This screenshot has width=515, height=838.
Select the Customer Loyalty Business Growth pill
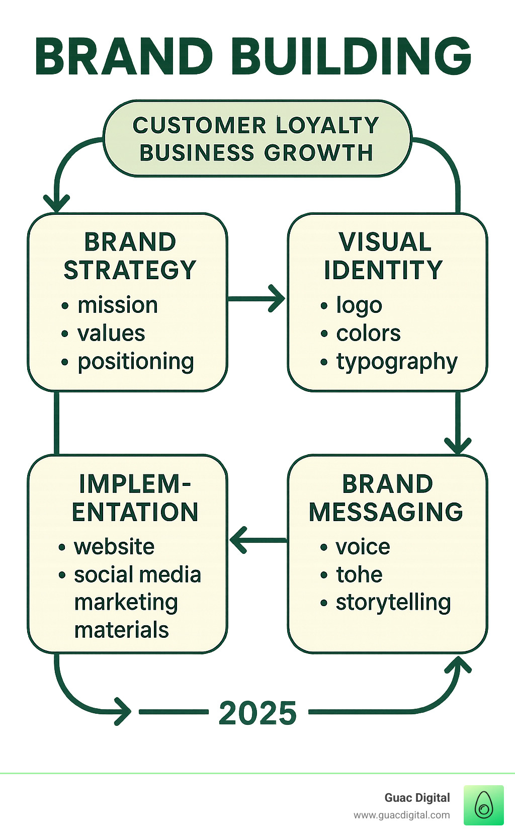click(256, 138)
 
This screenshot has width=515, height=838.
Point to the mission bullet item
click(117, 305)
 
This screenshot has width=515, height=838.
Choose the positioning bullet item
click(135, 362)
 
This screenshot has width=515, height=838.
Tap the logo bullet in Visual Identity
click(359, 305)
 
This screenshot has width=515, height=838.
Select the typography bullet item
click(397, 362)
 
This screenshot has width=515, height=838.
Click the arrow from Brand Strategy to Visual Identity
click(256, 298)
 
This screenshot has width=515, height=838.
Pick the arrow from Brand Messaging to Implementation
click(257, 540)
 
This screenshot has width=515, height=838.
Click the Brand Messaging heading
click(386, 497)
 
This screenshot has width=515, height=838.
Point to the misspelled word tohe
click(359, 574)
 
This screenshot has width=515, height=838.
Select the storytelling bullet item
click(393, 603)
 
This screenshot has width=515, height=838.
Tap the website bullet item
click(114, 547)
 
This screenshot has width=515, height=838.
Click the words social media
click(137, 575)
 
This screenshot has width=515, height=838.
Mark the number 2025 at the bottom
click(258, 713)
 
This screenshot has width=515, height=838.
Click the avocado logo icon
click(483, 805)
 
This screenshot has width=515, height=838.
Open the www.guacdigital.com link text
click(401, 815)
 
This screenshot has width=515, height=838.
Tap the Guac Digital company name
click(417, 798)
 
